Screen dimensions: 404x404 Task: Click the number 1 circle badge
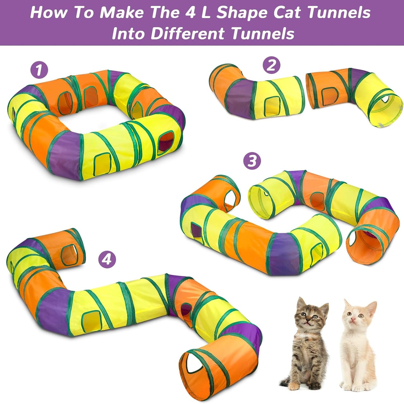(39, 70)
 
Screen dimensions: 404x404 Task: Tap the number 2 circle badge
(271, 65)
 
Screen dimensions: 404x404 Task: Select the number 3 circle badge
(252, 161)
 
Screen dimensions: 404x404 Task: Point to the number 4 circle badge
(107, 259)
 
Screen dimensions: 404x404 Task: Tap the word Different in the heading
(188, 34)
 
